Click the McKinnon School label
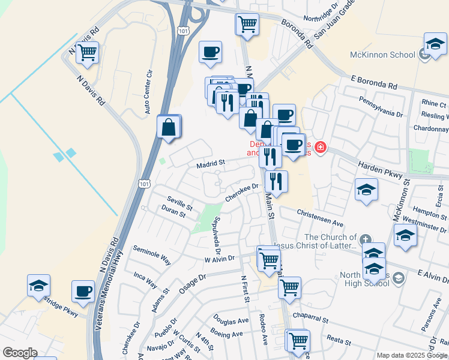(382, 55)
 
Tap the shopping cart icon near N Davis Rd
(88, 53)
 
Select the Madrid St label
(210, 163)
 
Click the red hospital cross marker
(320, 147)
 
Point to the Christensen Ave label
(319, 218)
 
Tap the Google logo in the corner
(20, 353)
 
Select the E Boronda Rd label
(375, 83)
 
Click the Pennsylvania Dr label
(381, 106)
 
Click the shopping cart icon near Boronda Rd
(247, 25)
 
